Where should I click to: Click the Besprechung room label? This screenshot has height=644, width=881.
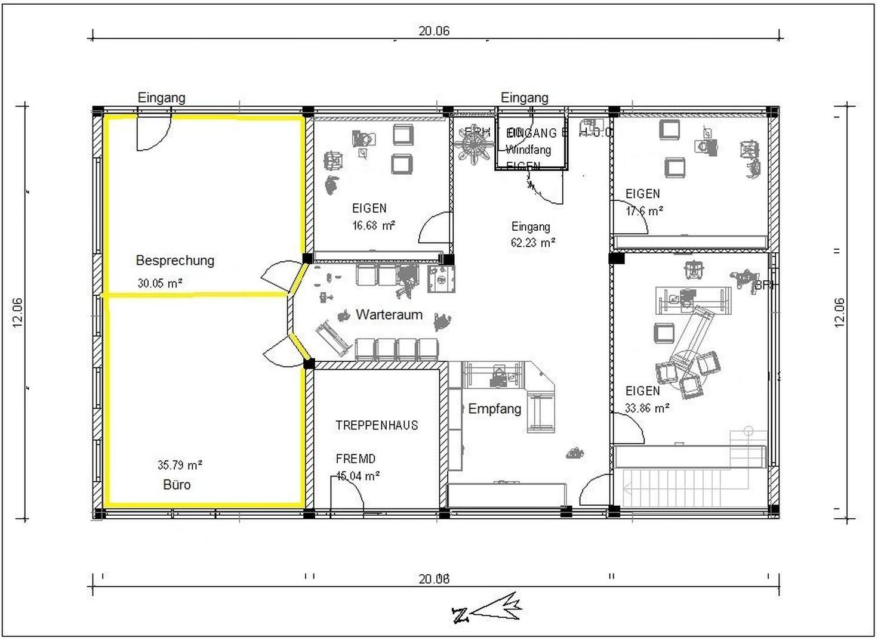175,261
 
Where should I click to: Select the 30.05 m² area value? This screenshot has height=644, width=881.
160,283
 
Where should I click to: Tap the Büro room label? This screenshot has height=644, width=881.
177,485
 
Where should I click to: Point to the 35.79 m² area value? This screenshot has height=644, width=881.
180,465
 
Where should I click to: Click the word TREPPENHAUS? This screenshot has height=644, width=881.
377,426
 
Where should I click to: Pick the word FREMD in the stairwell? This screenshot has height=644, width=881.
356,459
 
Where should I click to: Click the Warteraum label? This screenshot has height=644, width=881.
389,315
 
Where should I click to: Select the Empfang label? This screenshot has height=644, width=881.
495,409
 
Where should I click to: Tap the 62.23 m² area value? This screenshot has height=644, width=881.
533,243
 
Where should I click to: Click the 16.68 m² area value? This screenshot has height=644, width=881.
374,225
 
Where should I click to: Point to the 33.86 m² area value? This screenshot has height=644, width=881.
647,408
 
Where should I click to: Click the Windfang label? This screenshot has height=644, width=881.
528,150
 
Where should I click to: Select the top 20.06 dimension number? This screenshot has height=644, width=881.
434,31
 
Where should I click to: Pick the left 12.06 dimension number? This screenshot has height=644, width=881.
17,312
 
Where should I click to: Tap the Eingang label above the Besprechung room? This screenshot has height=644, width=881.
161,97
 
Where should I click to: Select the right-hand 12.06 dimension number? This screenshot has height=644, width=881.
839,312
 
